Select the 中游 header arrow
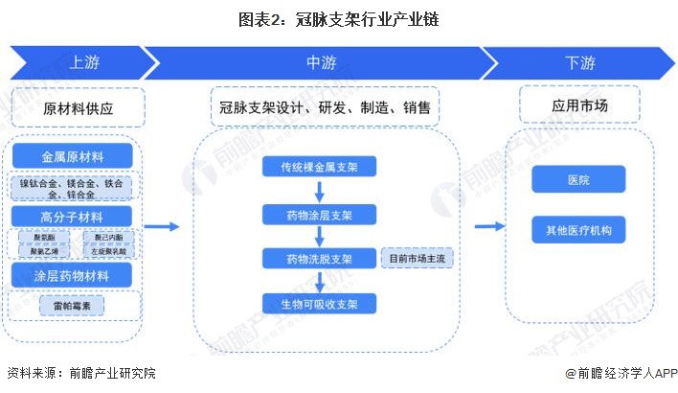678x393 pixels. (321, 63)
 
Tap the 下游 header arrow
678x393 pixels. (579, 63)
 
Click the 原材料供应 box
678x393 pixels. (78, 108)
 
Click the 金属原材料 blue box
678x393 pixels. (72, 156)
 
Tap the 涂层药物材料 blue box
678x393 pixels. (72, 276)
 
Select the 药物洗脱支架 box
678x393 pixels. (320, 258)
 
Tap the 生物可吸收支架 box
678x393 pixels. (320, 304)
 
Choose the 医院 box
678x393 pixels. (578, 179)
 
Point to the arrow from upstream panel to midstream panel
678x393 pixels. (164, 226)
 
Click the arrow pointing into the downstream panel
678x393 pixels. (489, 226)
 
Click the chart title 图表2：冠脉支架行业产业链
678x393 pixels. (338, 18)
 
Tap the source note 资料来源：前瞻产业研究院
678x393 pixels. (80, 374)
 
